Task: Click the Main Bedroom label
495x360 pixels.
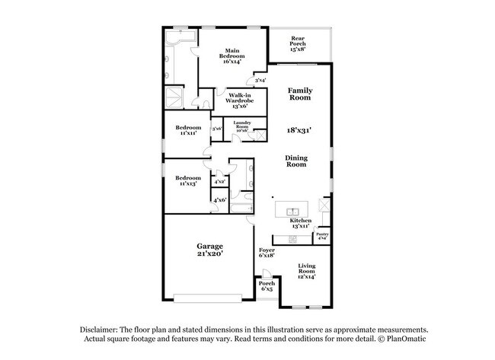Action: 232,56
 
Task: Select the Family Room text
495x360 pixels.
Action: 300,94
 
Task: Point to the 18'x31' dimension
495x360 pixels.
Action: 299,130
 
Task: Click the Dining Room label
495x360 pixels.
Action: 296,161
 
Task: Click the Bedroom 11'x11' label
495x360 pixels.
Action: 189,130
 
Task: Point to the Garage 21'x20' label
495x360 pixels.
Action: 209,250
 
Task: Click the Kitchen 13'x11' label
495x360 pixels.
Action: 300,222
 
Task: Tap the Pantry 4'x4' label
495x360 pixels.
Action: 322,236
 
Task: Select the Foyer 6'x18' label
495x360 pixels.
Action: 267,253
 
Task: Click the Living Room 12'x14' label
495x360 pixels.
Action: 306,271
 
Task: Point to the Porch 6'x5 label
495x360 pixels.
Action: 267,286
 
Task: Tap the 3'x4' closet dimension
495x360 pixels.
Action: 260,79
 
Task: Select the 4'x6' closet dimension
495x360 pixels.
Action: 219,200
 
